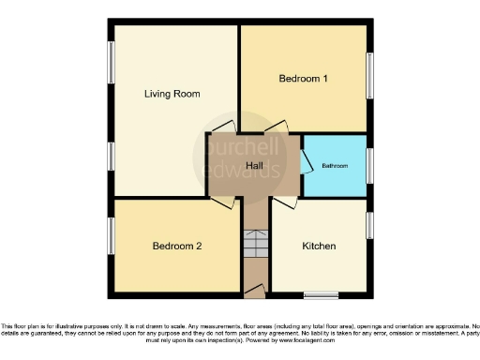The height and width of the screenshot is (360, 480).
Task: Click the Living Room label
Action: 172,94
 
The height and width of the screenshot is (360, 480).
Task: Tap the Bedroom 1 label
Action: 303,79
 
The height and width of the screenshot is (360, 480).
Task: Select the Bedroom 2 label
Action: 177,247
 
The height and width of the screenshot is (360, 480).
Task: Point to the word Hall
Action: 253,167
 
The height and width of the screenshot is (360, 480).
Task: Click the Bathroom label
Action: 335,166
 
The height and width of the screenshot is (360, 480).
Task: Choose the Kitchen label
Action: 319,247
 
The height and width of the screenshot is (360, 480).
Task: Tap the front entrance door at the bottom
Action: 253,293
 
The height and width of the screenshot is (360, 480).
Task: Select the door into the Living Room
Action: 222,127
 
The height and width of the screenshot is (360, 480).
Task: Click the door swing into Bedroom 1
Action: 275,127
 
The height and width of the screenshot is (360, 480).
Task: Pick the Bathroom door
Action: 307,162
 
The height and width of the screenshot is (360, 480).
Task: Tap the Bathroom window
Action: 369,165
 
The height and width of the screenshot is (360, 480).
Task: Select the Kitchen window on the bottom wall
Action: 320,295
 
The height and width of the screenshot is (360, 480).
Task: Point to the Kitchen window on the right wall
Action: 369,225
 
